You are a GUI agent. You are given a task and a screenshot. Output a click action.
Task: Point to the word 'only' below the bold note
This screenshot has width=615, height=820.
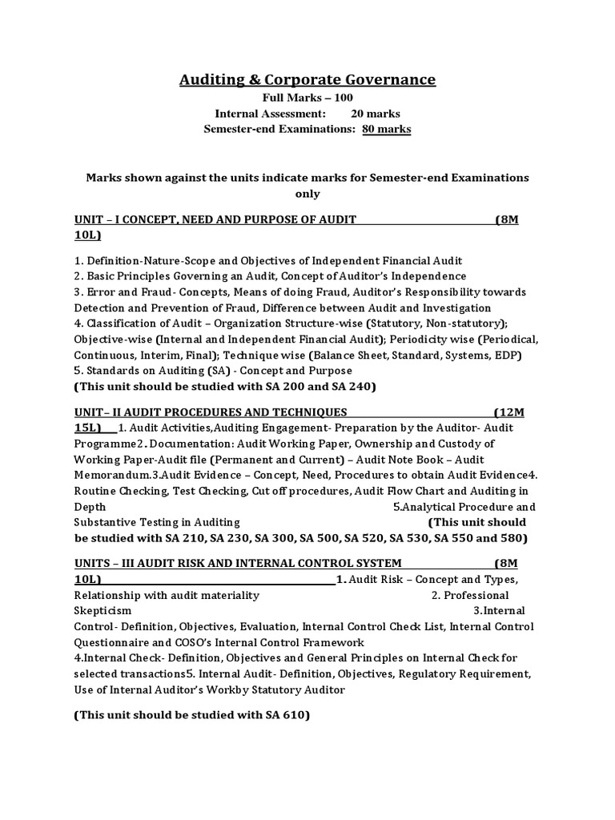[307, 193]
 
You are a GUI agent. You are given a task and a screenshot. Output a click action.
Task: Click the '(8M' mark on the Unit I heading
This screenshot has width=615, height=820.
[506, 220]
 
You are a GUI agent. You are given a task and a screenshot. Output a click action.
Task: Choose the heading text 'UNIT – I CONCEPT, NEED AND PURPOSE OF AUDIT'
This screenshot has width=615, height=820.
[215, 220]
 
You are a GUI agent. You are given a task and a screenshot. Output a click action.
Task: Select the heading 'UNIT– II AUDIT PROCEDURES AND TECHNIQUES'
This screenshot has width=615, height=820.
[211, 412]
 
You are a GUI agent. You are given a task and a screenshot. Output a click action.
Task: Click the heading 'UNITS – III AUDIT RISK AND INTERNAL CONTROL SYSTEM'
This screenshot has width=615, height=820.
[238, 563]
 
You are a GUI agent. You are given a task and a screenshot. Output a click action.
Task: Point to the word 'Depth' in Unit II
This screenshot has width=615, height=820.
[89, 506]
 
